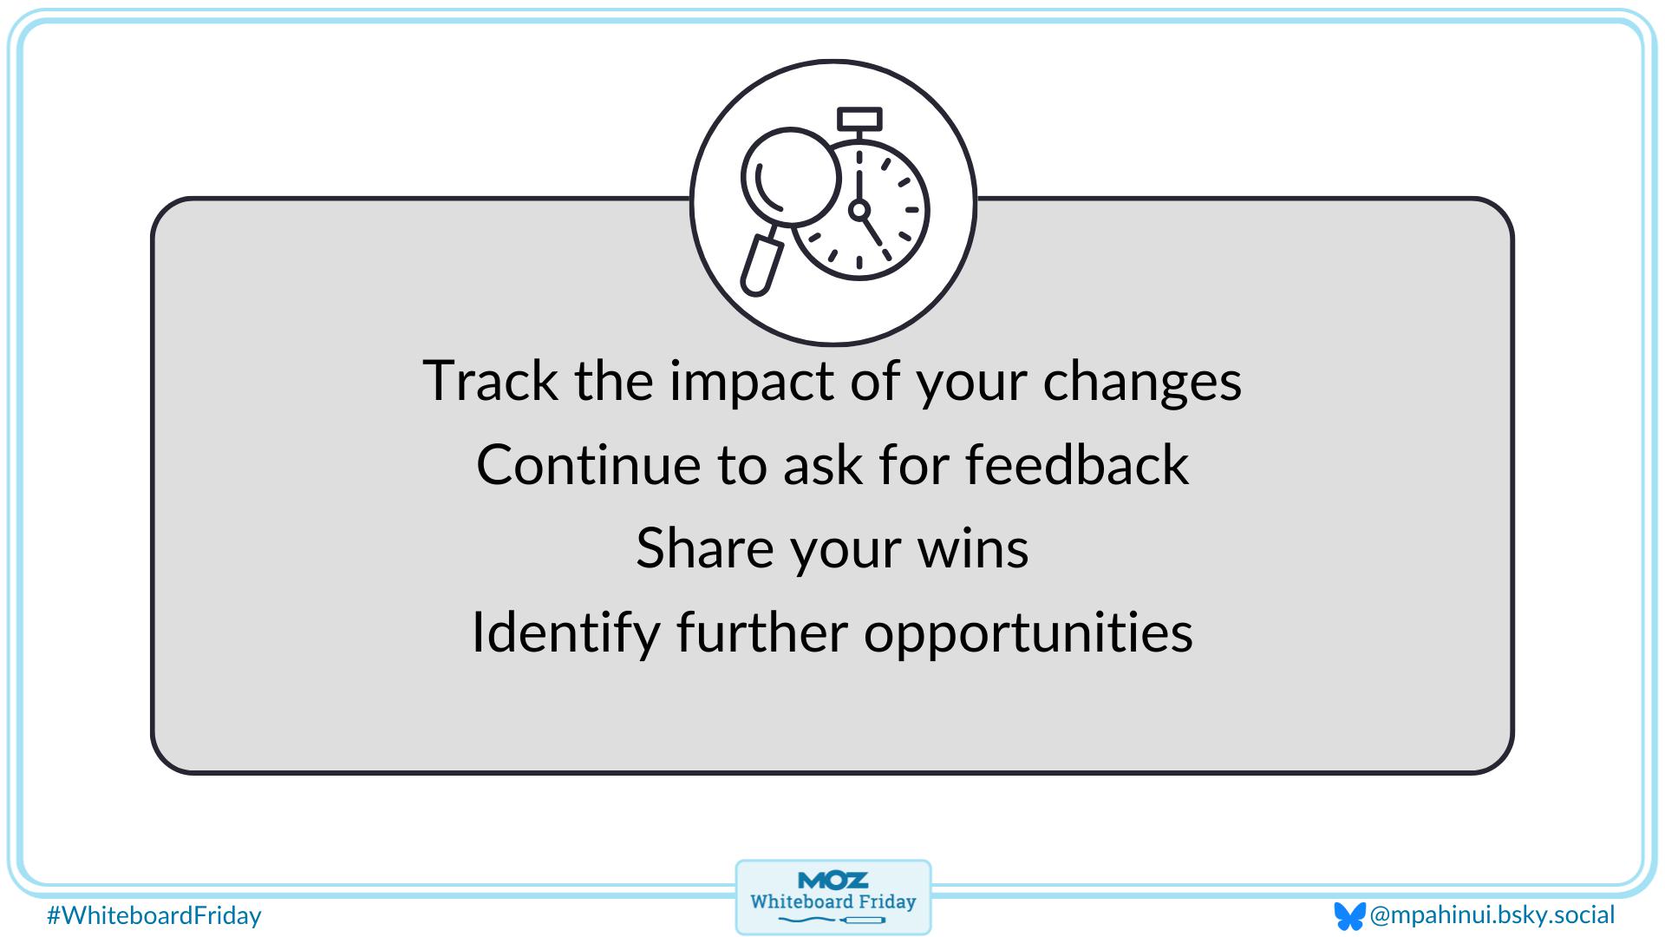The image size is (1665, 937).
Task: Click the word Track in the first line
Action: tap(490, 381)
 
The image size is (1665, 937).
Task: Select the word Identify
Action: tap(565, 632)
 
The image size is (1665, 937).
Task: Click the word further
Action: tap(761, 632)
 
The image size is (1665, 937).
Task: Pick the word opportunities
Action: tap(1028, 632)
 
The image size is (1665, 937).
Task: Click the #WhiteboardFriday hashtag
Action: tap(154, 915)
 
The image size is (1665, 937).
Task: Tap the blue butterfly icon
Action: tap(1348, 916)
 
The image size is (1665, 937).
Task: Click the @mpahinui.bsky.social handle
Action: tap(1492, 915)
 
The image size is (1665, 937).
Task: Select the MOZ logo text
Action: tap(832, 881)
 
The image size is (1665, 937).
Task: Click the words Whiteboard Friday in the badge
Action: tap(832, 901)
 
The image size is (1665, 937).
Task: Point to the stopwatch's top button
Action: tap(859, 119)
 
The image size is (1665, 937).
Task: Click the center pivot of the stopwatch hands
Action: tap(859, 209)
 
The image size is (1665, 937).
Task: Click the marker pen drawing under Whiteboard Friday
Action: tap(862, 920)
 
